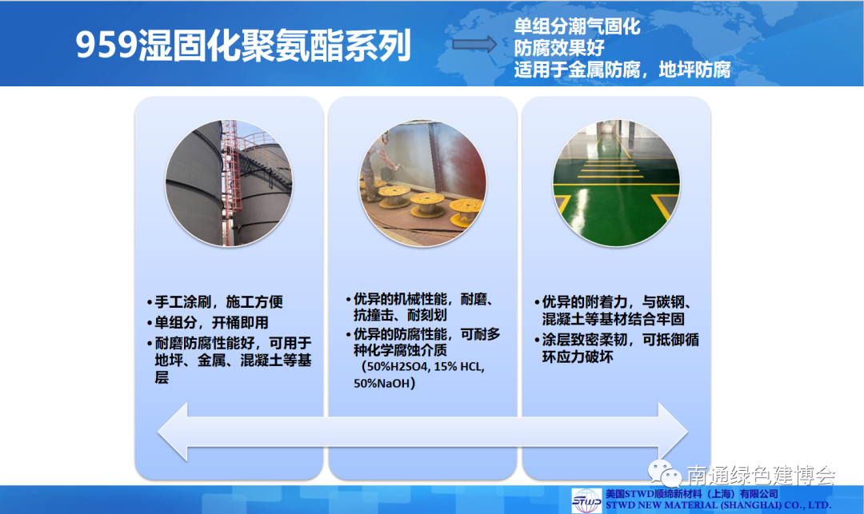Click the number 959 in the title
click(x=106, y=45)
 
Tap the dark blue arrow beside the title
click(x=474, y=44)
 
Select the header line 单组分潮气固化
click(x=577, y=26)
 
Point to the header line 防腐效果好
click(x=558, y=48)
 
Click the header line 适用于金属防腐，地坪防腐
click(x=622, y=70)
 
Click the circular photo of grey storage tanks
click(x=230, y=183)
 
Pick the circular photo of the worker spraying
click(x=422, y=183)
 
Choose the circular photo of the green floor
click(x=616, y=183)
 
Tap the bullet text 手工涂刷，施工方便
click(x=215, y=301)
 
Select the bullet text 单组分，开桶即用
click(x=208, y=322)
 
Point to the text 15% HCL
click(x=459, y=366)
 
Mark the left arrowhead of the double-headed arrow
click(x=173, y=432)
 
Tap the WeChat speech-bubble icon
click(x=664, y=472)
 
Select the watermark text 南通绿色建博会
click(x=761, y=475)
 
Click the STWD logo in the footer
click(x=586, y=500)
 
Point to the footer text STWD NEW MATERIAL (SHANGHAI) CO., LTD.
click(x=718, y=505)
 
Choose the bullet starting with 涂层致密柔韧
click(x=617, y=349)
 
